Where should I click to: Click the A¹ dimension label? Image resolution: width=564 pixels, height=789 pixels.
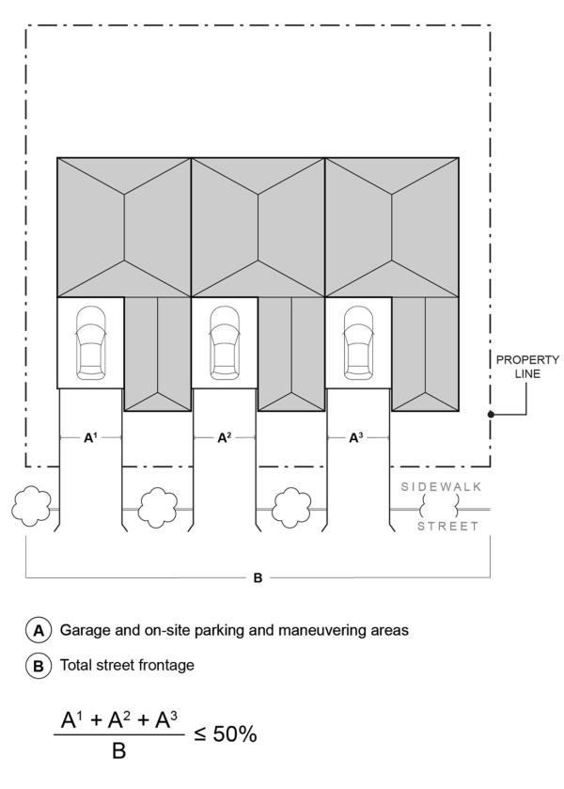[x=90, y=437]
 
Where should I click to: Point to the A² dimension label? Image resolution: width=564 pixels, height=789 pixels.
[x=224, y=437]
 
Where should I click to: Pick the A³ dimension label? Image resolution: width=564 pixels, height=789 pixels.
[x=357, y=437]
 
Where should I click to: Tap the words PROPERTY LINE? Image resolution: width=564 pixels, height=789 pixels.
[x=527, y=367]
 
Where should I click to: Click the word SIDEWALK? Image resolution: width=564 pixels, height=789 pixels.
[x=440, y=488]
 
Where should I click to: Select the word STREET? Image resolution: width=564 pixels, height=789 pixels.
[x=447, y=526]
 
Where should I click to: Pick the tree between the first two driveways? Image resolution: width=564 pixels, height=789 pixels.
[x=158, y=509]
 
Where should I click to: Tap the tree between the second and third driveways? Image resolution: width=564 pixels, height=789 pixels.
[x=291, y=509]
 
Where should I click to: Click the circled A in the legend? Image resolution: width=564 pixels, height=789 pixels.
[x=40, y=630]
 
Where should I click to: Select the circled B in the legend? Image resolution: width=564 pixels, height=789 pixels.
[x=40, y=665]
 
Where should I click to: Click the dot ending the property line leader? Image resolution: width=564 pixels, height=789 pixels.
[x=491, y=414]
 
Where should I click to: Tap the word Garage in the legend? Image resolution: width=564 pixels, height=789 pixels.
[x=86, y=630]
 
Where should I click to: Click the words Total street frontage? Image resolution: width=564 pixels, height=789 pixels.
[x=126, y=665]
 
